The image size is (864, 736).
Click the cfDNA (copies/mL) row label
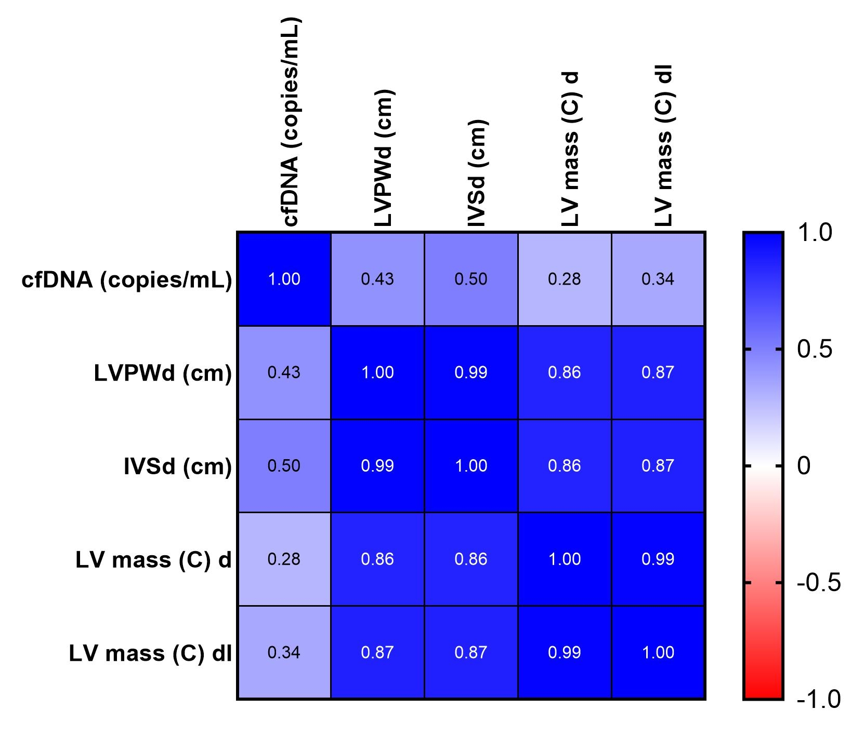pos(126,280)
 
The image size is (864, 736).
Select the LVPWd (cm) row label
pos(162,373)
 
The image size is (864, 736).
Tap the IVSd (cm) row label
pos(177,466)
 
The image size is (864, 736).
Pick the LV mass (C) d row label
pos(153,560)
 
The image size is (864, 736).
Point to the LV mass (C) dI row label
pos(150,653)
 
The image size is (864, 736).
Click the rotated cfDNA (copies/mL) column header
pos(291,122)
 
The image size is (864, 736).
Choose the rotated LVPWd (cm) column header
pos(384,158)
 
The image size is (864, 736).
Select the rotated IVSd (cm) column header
pos(477,173)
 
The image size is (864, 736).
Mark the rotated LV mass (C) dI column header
pos(664,146)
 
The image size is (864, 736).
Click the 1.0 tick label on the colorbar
pos(815,233)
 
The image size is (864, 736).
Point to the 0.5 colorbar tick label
pos(815,350)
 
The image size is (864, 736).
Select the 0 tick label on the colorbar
pos(804,466)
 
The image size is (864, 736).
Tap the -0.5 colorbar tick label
pos(818,583)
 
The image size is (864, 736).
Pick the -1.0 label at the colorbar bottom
pos(818,699)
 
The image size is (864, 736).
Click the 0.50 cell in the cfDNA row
pos(471,279)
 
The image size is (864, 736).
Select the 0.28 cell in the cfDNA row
pos(565,279)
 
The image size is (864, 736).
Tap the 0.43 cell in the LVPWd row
pos(284,372)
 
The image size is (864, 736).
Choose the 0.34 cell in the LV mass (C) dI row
pos(284,652)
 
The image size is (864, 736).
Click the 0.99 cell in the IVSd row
pos(377,466)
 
